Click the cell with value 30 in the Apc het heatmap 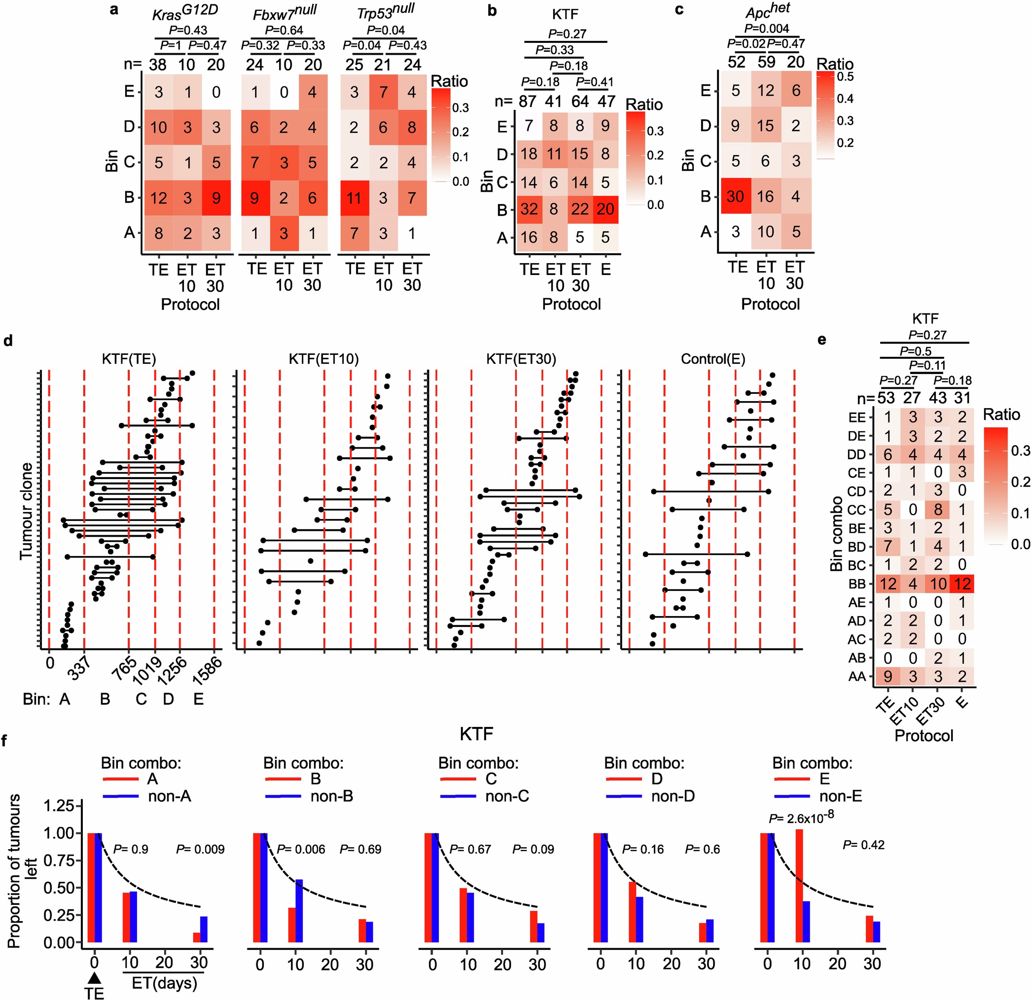735,197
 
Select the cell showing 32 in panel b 529,209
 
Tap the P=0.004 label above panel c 767,29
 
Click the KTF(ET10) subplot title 323,359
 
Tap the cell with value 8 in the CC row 938,510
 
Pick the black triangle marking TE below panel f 94,977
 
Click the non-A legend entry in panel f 169,796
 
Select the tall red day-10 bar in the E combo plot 799,885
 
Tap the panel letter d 8,341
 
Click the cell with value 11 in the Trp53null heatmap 354,198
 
